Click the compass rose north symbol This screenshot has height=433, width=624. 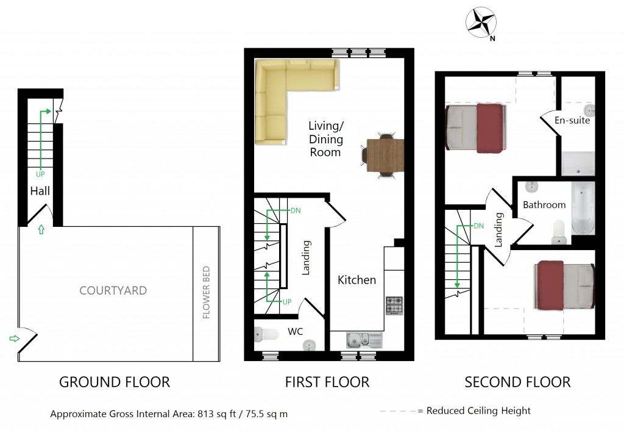click(481, 23)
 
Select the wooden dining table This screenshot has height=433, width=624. click(385, 156)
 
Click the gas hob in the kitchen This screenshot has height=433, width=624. click(394, 306)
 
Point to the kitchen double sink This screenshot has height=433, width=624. click(364, 340)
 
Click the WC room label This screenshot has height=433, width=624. click(296, 331)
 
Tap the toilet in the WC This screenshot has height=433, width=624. click(267, 334)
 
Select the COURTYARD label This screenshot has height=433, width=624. click(113, 290)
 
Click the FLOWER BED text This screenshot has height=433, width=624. click(206, 292)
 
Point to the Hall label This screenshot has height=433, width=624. click(40, 191)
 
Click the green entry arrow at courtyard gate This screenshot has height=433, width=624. click(15, 338)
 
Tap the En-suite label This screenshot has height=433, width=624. click(572, 120)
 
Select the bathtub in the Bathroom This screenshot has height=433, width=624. click(583, 209)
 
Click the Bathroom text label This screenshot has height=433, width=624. click(544, 205)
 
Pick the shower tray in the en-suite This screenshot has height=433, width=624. click(578, 163)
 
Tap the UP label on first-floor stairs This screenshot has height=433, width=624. click(287, 302)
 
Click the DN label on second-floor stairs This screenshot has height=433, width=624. click(479, 226)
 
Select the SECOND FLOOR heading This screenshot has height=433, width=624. click(517, 382)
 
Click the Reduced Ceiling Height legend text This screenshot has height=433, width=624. click(478, 410)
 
